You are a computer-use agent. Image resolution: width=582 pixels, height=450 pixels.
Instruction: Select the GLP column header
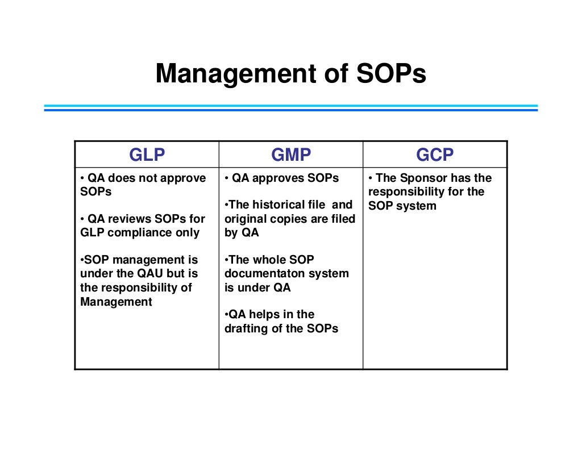(x=147, y=155)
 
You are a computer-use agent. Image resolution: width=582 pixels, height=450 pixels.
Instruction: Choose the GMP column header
(x=290, y=155)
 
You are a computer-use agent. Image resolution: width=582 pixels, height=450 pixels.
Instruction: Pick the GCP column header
(x=435, y=155)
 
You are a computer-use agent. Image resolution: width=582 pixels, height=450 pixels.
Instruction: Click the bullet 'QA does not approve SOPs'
(x=143, y=185)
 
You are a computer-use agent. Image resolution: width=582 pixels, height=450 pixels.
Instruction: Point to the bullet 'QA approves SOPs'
(x=282, y=178)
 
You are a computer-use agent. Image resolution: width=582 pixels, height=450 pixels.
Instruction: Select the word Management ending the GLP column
(x=116, y=302)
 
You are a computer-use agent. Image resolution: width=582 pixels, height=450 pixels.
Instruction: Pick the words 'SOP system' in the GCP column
(x=402, y=206)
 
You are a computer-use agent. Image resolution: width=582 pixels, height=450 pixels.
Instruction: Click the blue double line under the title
(x=290, y=107)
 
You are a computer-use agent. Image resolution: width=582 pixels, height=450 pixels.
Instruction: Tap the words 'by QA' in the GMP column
(x=242, y=232)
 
